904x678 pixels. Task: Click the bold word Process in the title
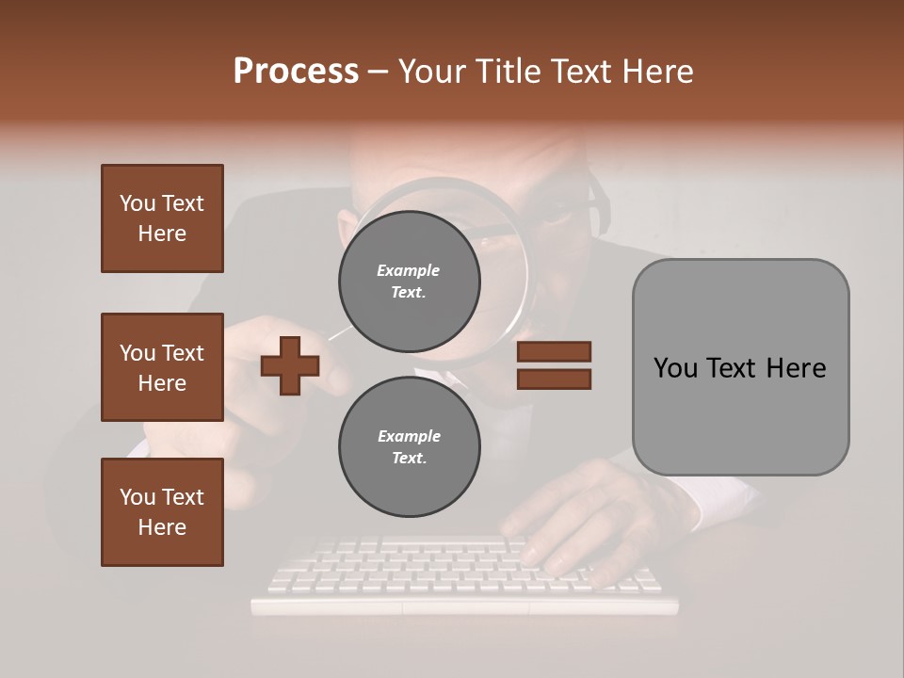296,71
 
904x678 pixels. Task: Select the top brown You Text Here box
162,218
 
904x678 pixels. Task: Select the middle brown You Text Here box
162,367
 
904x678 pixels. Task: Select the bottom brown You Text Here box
162,511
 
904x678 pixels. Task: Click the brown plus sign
290,365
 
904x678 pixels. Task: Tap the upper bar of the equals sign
554,351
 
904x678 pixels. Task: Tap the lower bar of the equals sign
554,379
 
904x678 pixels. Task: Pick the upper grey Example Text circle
409,281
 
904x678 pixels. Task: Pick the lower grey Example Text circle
409,446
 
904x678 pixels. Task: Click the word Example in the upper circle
409,270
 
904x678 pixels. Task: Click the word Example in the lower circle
409,436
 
